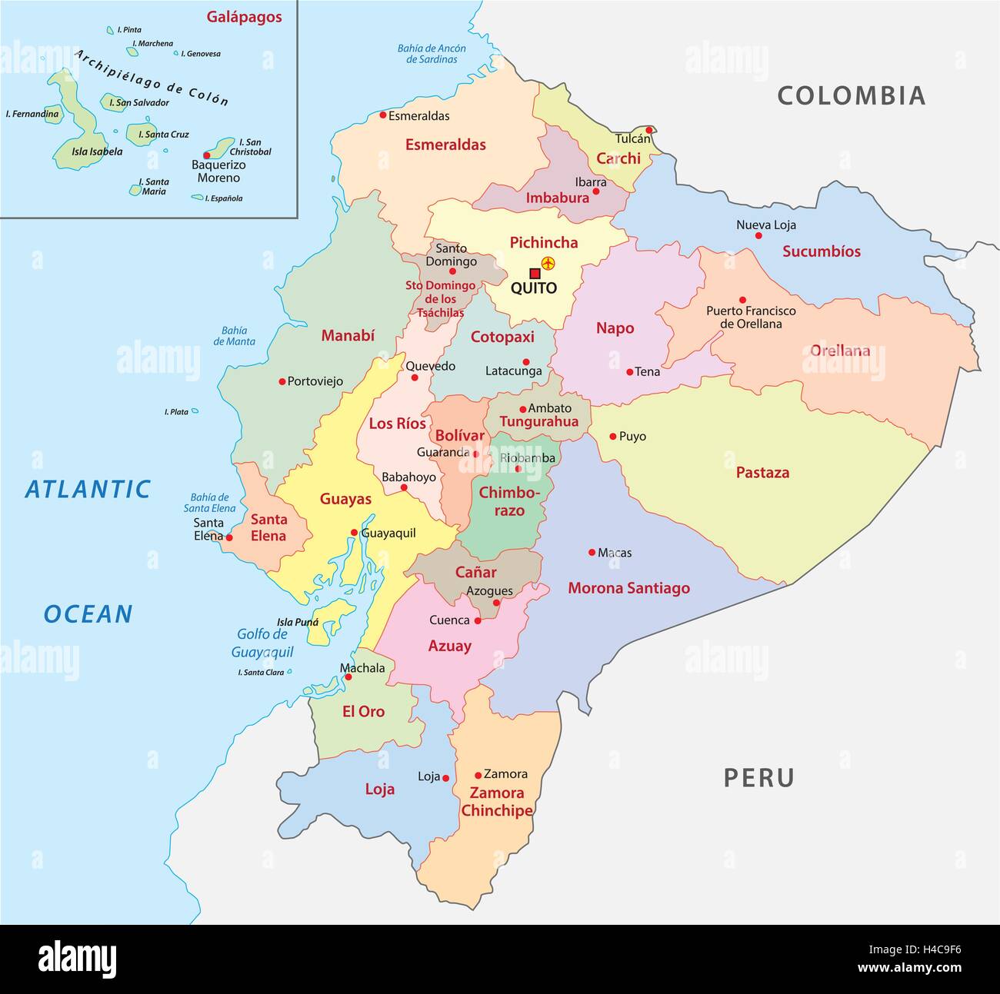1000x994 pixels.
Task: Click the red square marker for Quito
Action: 535,273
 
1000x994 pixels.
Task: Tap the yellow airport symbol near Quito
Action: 548,264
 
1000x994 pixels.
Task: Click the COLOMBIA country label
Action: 851,95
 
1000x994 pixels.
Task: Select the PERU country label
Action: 758,778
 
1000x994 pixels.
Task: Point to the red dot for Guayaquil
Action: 354,532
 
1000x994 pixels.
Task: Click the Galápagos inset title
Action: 244,17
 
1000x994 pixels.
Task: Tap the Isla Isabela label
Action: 97,151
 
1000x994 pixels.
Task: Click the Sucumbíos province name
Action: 821,251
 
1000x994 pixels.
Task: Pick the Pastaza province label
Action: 762,473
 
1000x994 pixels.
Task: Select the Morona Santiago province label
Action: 628,588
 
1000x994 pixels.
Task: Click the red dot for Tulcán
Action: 649,130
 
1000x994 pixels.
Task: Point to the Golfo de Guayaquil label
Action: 262,643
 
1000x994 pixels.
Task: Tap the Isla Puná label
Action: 297,623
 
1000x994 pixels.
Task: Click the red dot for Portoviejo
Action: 282,381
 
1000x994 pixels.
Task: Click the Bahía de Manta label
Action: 234,336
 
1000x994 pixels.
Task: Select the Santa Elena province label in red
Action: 268,528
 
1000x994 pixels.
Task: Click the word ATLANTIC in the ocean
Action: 88,490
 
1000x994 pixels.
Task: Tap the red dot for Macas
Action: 592,552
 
